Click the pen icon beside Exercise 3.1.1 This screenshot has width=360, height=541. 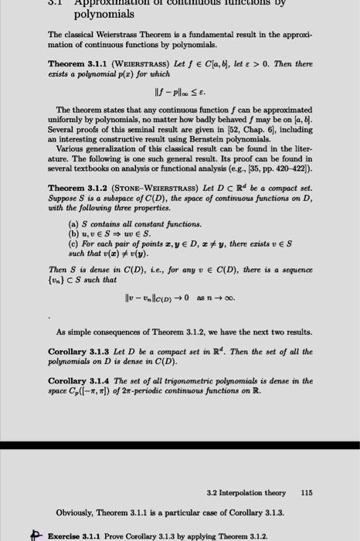click(34, 533)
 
